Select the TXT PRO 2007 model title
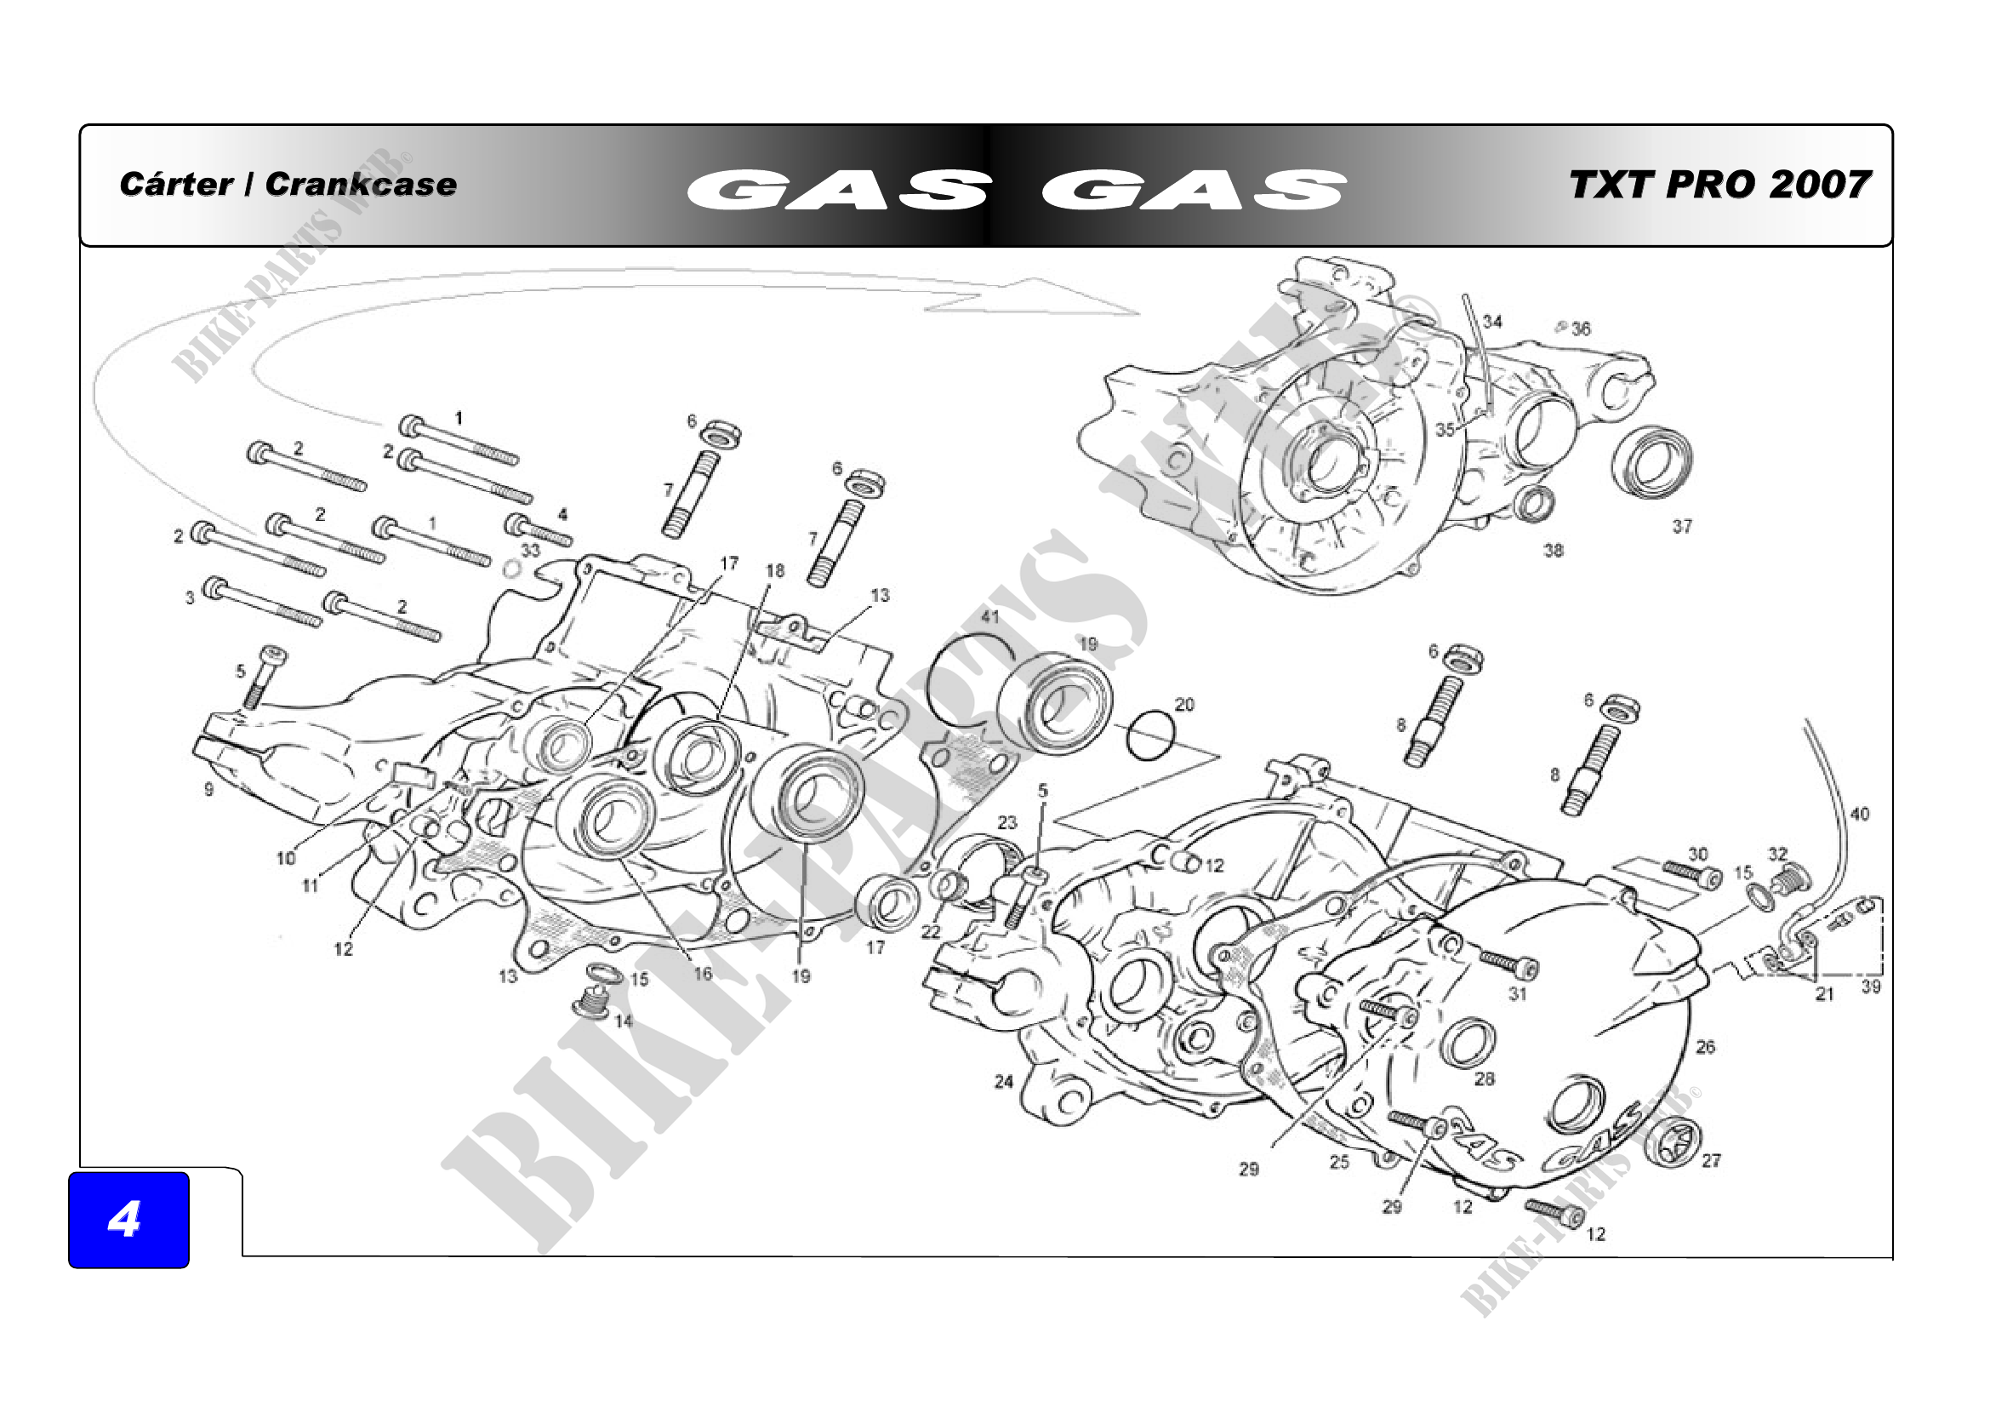1719,184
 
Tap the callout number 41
989,616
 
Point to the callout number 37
1681,526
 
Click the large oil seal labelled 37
1652,462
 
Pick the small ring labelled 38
1534,504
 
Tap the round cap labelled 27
1672,1144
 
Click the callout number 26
1705,1046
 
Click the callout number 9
208,789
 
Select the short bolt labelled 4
538,529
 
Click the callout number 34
1491,322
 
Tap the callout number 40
1859,814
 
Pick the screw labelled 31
1509,963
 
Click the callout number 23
1006,822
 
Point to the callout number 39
1870,987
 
